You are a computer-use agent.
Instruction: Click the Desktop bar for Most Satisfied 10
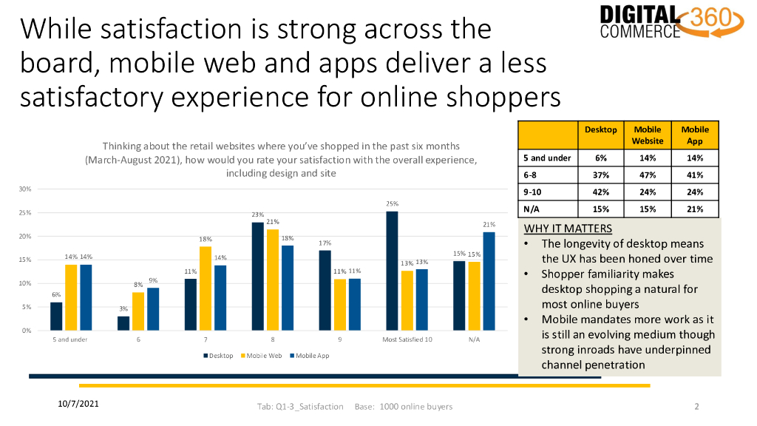(392, 271)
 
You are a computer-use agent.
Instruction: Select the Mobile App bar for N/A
(489, 282)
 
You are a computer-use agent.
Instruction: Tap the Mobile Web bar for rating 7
(206, 289)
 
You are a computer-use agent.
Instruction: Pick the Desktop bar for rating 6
(123, 324)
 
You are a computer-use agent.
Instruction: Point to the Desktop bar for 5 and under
(56, 317)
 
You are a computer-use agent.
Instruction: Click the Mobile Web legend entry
(261, 356)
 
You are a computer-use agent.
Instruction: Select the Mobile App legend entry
(310, 356)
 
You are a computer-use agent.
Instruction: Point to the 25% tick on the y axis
(25, 212)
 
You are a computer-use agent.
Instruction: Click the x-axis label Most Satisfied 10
(407, 339)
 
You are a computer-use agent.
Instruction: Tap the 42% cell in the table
(600, 192)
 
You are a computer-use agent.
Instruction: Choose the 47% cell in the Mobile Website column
(648, 175)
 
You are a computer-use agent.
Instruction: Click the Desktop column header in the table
(600, 129)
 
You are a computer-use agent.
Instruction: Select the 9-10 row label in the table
(532, 192)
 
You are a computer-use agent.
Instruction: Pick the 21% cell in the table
(695, 209)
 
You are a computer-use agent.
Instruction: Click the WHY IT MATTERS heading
(568, 229)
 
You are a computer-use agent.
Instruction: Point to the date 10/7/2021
(78, 404)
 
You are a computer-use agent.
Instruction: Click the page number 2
(696, 407)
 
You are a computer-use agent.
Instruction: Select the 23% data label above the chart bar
(258, 214)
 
